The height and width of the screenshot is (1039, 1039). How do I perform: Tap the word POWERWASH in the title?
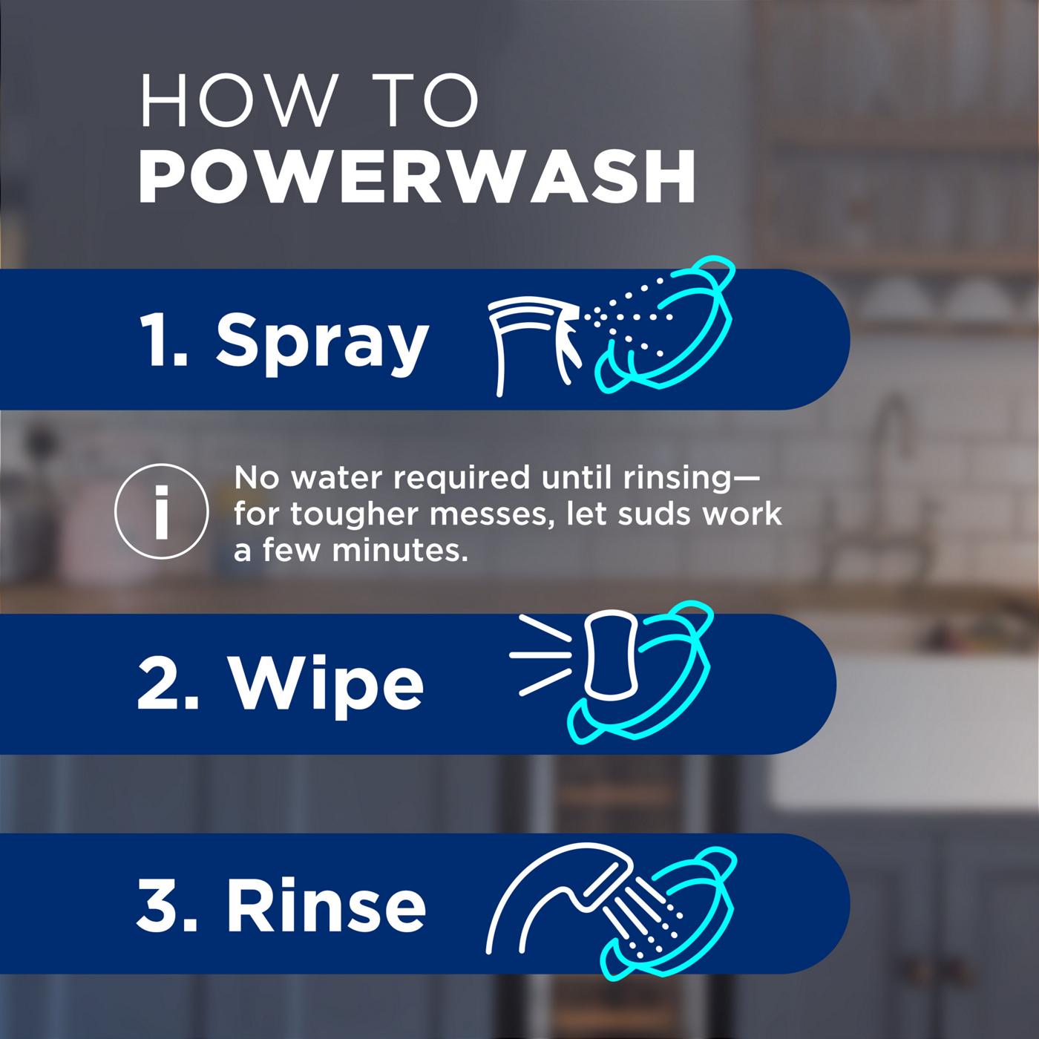(x=416, y=177)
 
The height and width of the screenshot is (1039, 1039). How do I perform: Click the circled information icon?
(x=161, y=511)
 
